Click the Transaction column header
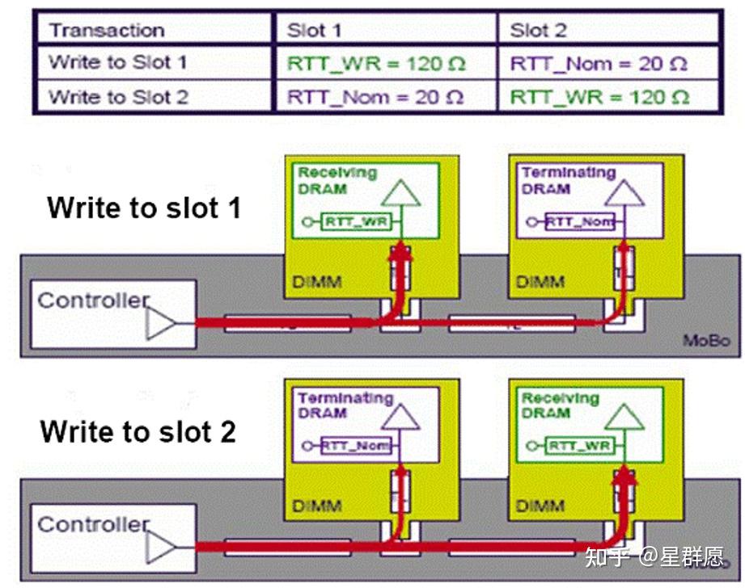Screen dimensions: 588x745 pos(107,31)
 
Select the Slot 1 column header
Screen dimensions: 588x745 pos(315,31)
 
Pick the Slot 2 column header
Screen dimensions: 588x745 pos(539,31)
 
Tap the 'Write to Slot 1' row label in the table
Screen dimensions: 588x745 pos(118,63)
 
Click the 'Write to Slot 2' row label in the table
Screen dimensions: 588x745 pos(118,98)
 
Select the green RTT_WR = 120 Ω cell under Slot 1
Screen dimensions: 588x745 pos(376,64)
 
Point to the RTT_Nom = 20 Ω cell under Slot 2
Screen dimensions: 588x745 pos(599,64)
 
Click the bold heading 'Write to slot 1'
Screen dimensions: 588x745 pos(144,208)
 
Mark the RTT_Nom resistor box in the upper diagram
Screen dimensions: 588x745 pos(579,221)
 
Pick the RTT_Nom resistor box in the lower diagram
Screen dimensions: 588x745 pos(355,446)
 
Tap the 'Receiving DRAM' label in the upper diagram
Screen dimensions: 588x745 pos(337,180)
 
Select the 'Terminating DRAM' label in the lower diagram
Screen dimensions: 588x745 pos(345,405)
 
